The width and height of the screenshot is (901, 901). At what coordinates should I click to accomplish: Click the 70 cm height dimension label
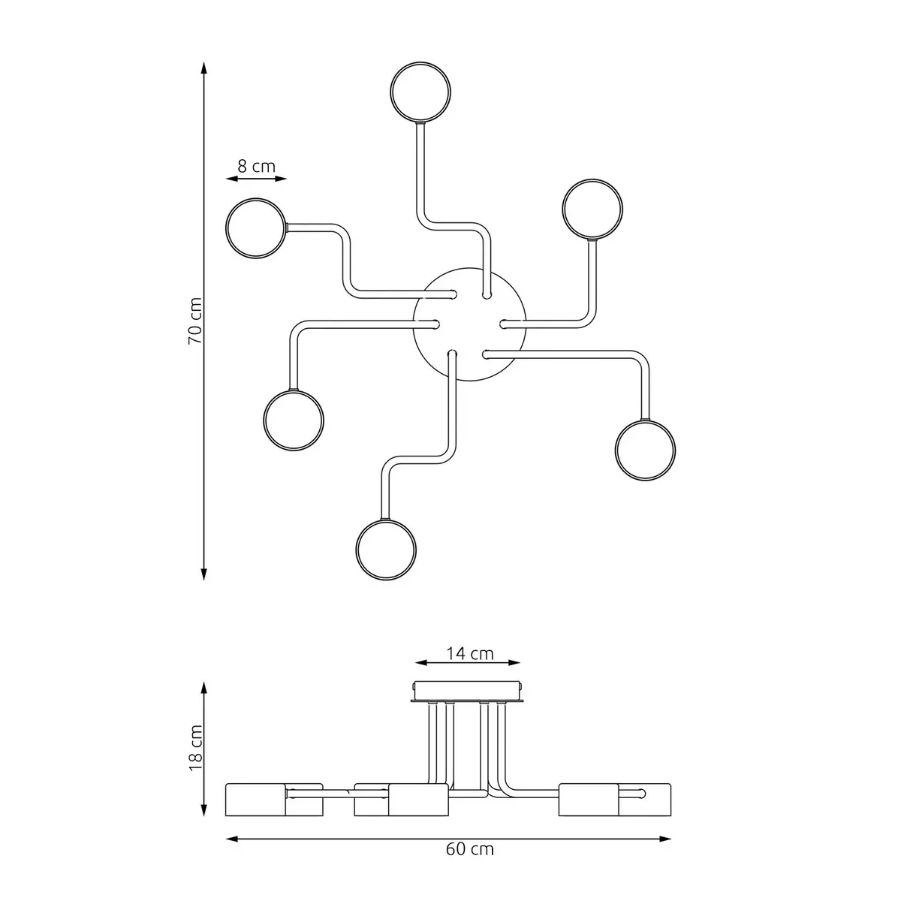click(194, 321)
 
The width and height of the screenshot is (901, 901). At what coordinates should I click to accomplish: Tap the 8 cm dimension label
click(257, 166)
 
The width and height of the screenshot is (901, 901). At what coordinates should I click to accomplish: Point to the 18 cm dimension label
click(194, 748)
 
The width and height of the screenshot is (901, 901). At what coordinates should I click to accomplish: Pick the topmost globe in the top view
click(421, 92)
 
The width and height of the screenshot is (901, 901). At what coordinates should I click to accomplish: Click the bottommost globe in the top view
click(386, 549)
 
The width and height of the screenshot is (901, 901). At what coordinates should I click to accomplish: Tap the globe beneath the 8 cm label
click(257, 228)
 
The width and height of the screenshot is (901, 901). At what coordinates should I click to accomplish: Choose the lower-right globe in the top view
click(645, 450)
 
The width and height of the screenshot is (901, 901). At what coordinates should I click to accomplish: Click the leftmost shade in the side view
click(256, 799)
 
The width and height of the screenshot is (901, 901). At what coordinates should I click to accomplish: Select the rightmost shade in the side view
click(644, 799)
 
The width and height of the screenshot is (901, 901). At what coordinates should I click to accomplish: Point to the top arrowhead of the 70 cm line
click(203, 68)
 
